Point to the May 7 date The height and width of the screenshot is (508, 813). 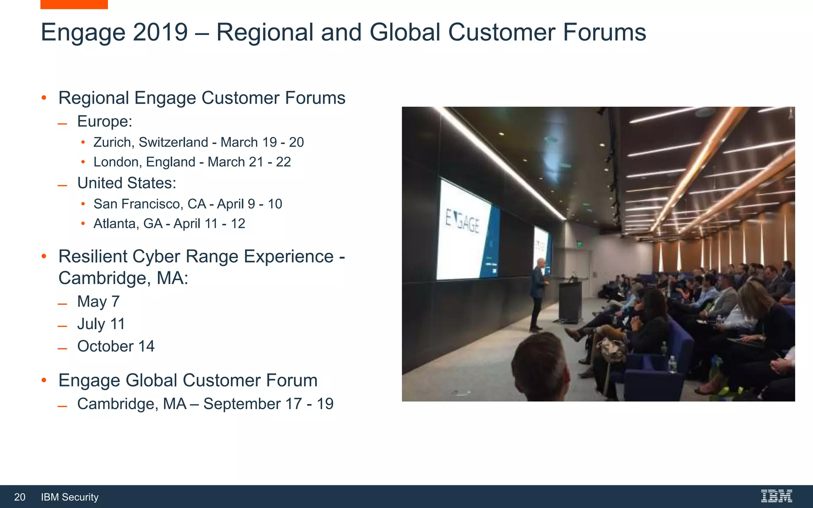(98, 302)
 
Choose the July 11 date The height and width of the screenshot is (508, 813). (101, 324)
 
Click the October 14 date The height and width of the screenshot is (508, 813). (116, 346)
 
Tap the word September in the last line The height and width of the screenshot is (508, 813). (242, 404)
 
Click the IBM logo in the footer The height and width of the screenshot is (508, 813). (776, 496)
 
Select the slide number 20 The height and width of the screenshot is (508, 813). (19, 497)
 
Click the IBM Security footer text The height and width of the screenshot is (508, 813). (69, 497)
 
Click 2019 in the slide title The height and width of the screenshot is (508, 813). (160, 33)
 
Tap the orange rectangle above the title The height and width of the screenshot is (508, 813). (74, 4)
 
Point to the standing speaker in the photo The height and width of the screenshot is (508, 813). (538, 294)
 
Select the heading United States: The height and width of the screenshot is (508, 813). (126, 183)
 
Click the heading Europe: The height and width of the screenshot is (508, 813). (104, 121)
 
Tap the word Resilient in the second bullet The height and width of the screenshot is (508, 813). (92, 256)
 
